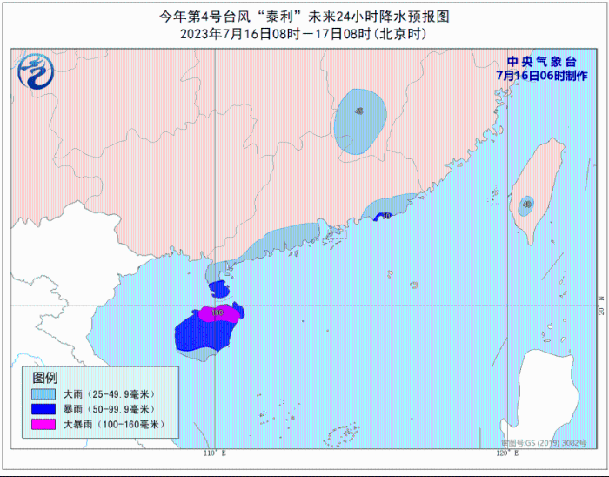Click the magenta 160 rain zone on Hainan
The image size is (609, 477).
click(x=218, y=313)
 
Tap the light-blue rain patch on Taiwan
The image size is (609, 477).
click(x=526, y=206)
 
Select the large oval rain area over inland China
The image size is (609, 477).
click(x=358, y=121)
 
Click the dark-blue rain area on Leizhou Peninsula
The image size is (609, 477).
click(x=219, y=289)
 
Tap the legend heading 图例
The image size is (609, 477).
click(x=44, y=378)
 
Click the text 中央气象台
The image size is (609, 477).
click(x=541, y=62)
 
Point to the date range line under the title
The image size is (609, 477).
click(x=304, y=34)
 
